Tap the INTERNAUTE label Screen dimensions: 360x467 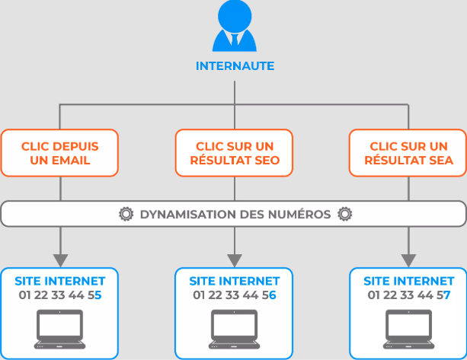(x=235, y=66)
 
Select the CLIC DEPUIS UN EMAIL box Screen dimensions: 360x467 (x=59, y=153)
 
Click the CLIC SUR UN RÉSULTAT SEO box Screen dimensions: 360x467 (x=234, y=153)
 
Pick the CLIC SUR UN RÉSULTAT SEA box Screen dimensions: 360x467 (x=408, y=153)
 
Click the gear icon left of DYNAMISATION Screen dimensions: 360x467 (x=126, y=214)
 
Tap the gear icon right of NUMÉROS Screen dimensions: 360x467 (x=344, y=214)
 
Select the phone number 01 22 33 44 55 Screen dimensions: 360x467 (x=59, y=295)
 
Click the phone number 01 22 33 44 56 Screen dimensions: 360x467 (x=234, y=295)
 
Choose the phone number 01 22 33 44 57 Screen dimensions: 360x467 (x=408, y=295)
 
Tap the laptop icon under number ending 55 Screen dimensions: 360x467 (x=59, y=328)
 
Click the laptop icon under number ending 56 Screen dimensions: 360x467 (x=234, y=328)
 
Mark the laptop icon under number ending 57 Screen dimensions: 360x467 (x=408, y=328)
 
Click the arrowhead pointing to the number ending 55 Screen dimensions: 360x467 (x=60, y=259)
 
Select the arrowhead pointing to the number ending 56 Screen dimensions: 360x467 (x=235, y=259)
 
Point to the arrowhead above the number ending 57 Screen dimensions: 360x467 (x=409, y=259)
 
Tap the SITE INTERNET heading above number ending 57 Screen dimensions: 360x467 (x=408, y=282)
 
